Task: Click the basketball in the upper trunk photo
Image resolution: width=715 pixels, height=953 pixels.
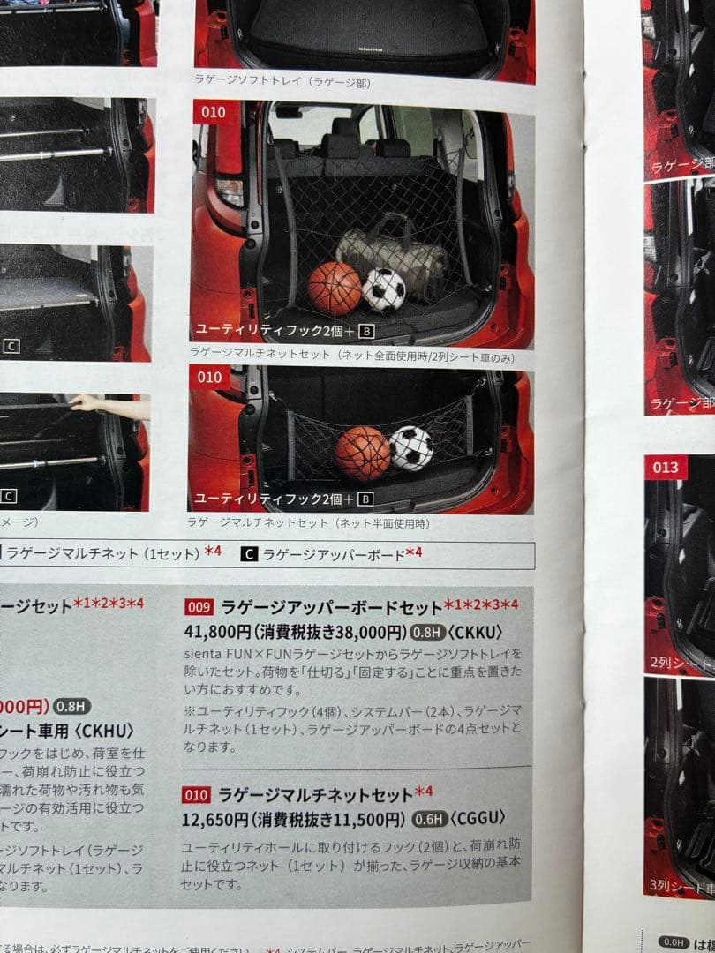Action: [x=335, y=288]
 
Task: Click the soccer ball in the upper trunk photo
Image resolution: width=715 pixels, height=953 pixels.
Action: [x=384, y=290]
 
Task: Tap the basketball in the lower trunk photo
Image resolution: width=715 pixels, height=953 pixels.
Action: [x=363, y=453]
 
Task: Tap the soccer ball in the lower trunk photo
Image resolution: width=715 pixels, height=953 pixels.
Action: [x=411, y=448]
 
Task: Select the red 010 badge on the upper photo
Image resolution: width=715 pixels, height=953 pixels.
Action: [x=213, y=112]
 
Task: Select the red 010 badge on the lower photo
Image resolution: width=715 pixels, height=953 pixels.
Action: [x=210, y=378]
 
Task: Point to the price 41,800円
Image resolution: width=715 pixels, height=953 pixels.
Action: [x=218, y=631]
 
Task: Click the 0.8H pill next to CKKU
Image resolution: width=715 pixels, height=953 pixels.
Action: [x=426, y=632]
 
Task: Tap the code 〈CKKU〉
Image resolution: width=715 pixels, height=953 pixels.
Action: [x=475, y=631]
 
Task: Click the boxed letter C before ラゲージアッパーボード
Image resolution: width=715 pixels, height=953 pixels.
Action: [x=249, y=554]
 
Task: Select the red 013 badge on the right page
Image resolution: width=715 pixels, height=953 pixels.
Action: [x=666, y=467]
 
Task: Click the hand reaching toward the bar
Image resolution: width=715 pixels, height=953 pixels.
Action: [x=86, y=403]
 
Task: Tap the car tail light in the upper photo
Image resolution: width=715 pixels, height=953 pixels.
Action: [x=230, y=191]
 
